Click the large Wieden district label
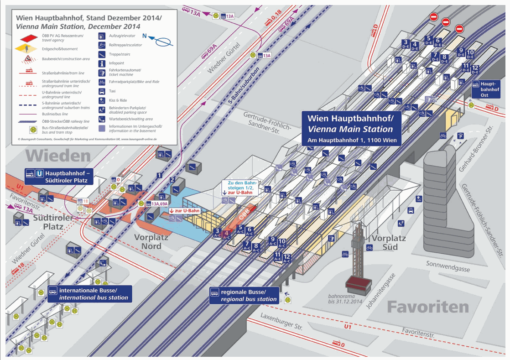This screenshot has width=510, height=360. click(x=58, y=156)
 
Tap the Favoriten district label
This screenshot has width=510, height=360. click(x=427, y=307)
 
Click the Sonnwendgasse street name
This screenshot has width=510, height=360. click(x=448, y=266)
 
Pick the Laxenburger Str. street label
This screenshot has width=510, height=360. click(x=281, y=321)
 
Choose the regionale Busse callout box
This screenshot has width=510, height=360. click(x=244, y=295)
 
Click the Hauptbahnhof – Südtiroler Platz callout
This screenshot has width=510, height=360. click(x=63, y=176)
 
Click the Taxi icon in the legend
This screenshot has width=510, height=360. click(x=101, y=91)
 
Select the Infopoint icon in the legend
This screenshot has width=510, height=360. click(x=101, y=63)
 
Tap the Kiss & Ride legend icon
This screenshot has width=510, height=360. click(x=101, y=100)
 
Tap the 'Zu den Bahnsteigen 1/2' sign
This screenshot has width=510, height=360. click(x=240, y=188)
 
